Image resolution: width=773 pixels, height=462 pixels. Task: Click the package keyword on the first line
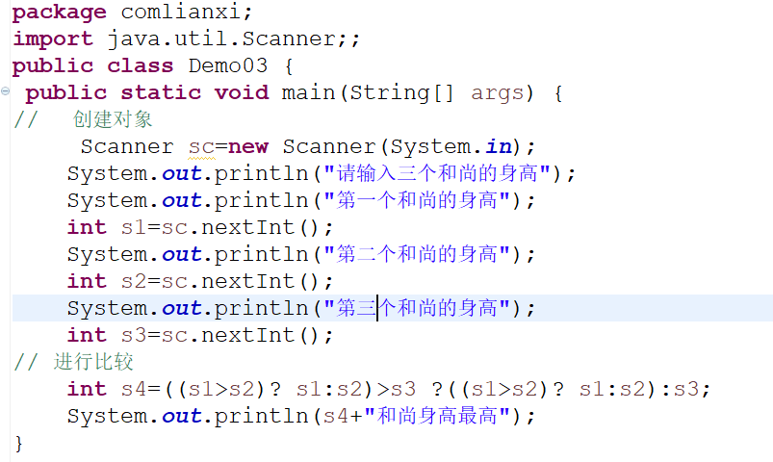pyautogui.click(x=59, y=13)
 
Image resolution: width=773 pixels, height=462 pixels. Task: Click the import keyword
pyautogui.click(x=52, y=39)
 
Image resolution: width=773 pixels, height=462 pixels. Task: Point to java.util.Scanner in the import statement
pyautogui.click(x=219, y=39)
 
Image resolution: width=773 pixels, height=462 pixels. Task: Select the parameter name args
pyautogui.click(x=497, y=93)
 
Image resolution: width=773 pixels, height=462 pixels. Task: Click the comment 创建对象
pyautogui.click(x=112, y=120)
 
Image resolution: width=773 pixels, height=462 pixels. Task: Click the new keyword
pyautogui.click(x=248, y=147)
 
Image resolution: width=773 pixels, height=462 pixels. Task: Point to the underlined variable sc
pyautogui.click(x=200, y=147)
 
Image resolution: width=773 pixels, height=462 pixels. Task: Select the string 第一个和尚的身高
pyautogui.click(x=416, y=201)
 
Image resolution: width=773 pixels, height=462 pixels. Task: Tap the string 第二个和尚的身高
pyautogui.click(x=416, y=255)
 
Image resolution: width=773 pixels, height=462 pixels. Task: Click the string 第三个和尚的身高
pyautogui.click(x=416, y=309)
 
